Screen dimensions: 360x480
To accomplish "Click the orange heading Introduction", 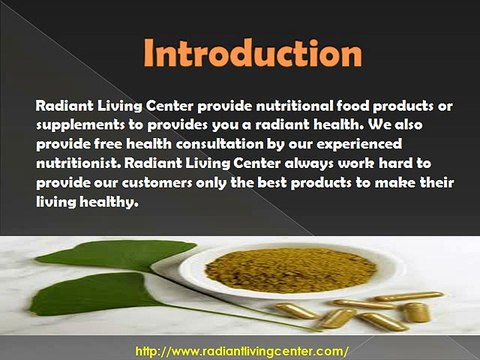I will click(x=240, y=54).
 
